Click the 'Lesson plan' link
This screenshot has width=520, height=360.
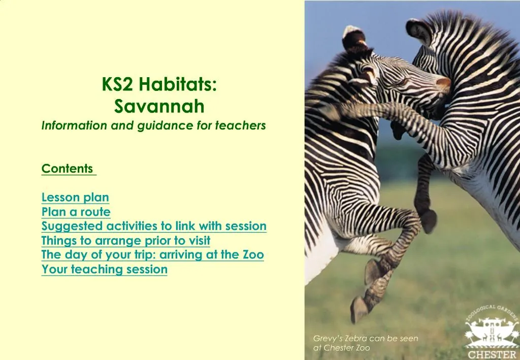pyautogui.click(x=75, y=198)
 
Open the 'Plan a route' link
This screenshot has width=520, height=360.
pyautogui.click(x=76, y=212)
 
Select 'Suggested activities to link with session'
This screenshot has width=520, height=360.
pyautogui.click(x=154, y=226)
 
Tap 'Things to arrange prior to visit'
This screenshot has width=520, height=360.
pyautogui.click(x=125, y=240)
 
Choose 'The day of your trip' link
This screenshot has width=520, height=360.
pyautogui.click(x=152, y=255)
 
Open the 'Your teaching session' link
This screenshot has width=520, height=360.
pyautogui.click(x=104, y=270)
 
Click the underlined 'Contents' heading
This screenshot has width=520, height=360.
pyautogui.click(x=68, y=169)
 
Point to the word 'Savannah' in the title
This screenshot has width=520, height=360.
pyautogui.click(x=159, y=107)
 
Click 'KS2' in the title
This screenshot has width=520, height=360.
pyautogui.click(x=117, y=84)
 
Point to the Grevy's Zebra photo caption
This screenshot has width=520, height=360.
pyautogui.click(x=365, y=343)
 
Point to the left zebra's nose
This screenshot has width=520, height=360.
pyautogui.click(x=443, y=82)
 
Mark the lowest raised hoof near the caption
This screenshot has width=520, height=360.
pyautogui.click(x=359, y=309)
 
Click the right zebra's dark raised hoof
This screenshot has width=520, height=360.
pyautogui.click(x=429, y=221)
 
